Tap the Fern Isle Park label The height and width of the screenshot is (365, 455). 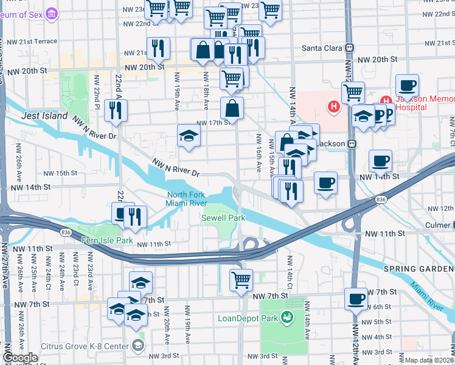[x=108, y=241]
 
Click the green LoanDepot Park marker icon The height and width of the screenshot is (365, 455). [x=287, y=317]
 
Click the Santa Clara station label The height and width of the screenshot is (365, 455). [x=323, y=47]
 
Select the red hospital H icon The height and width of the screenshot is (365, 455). [x=333, y=107]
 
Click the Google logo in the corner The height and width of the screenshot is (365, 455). [x=20, y=358]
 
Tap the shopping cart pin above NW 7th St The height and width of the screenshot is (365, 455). [x=241, y=280]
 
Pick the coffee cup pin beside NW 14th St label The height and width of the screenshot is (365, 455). [x=326, y=182]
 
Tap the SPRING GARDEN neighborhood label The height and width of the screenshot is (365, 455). [x=419, y=268]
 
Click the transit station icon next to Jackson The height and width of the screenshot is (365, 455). [x=350, y=144]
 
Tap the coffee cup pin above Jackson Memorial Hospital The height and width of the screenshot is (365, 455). [x=407, y=85]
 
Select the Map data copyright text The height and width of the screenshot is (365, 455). [x=429, y=360]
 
